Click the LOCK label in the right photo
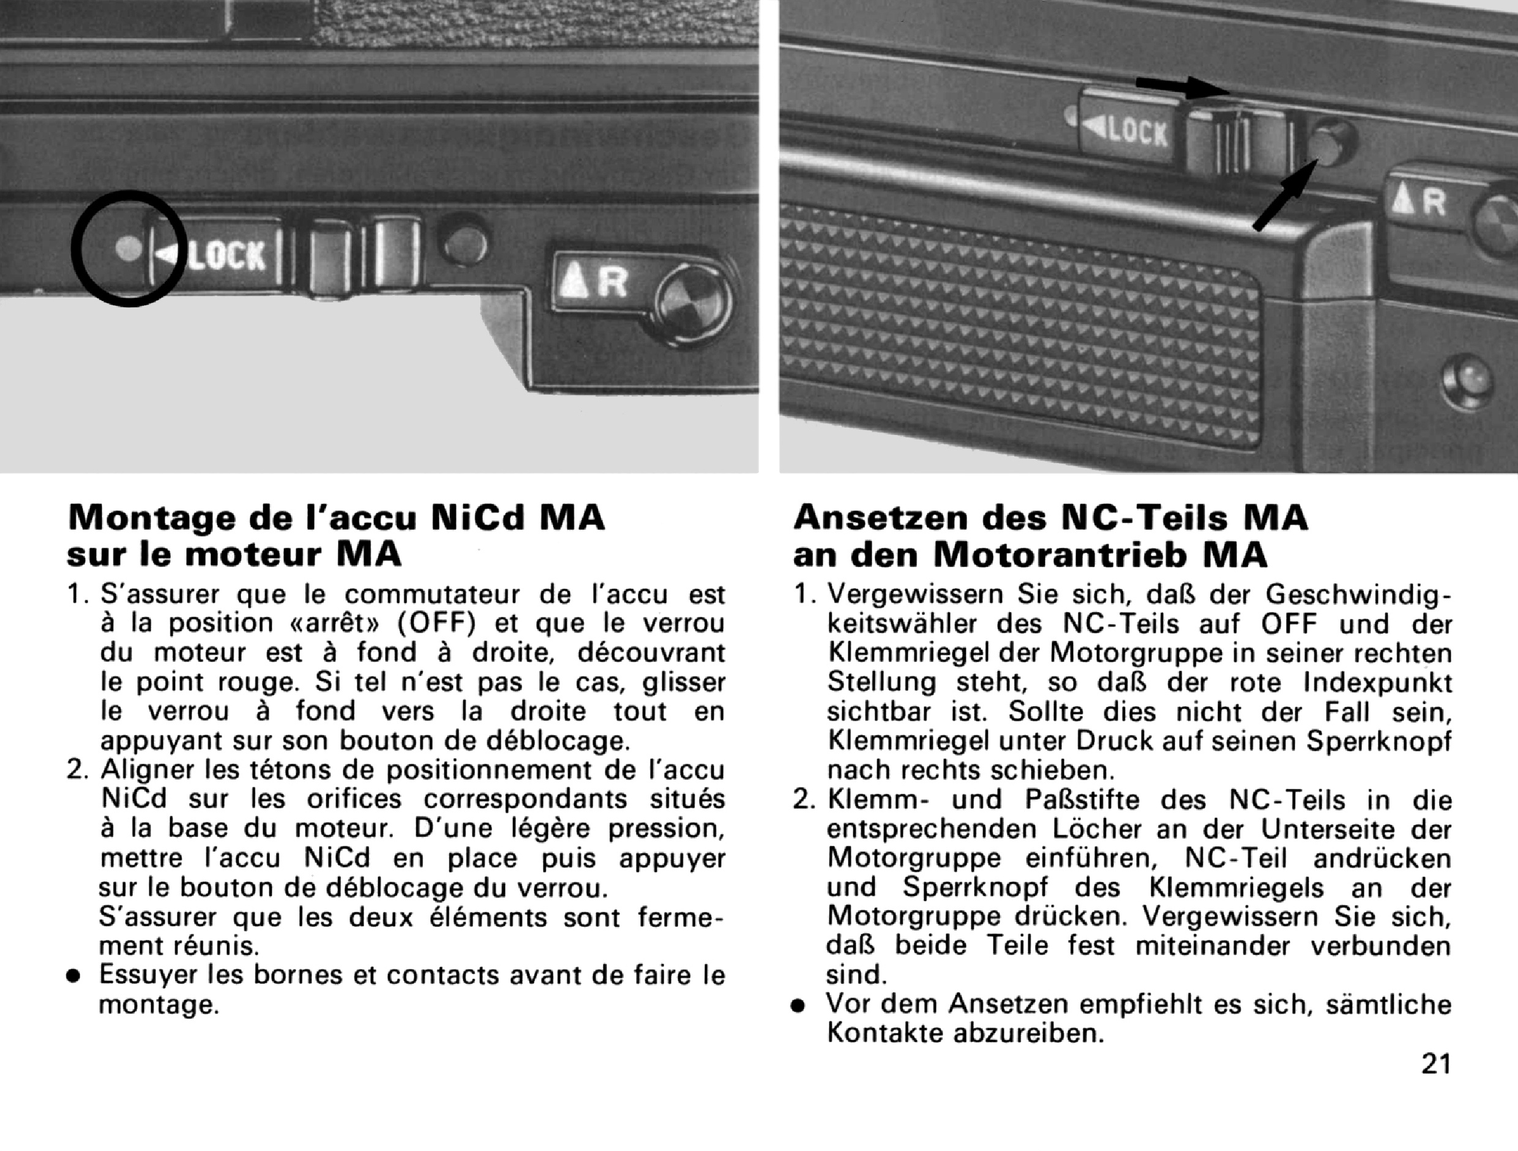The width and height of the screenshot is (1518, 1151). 1134,130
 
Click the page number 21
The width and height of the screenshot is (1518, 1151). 1435,1063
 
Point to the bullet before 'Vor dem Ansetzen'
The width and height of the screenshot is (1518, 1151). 798,1006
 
